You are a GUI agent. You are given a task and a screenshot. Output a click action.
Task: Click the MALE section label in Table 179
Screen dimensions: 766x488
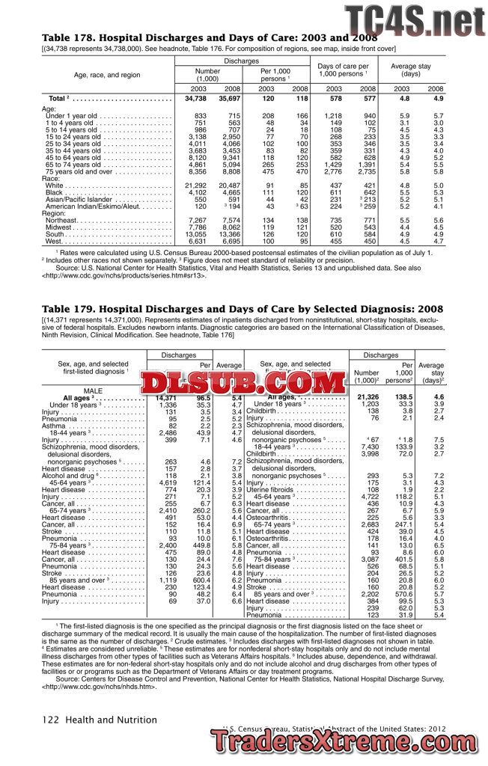tap(93, 390)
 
